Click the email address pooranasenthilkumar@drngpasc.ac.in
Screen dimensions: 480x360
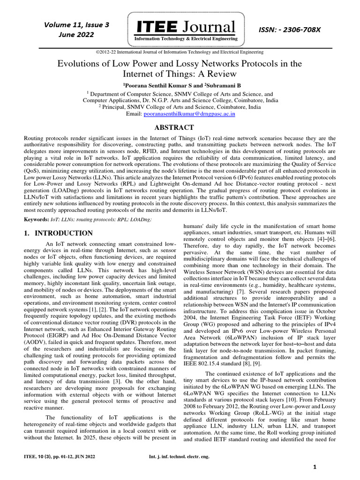pos(195,113)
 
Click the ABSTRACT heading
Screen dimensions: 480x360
pos(174,127)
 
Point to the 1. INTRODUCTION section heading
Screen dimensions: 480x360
pos(58,233)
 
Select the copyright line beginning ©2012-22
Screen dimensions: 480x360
pos(180,52)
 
